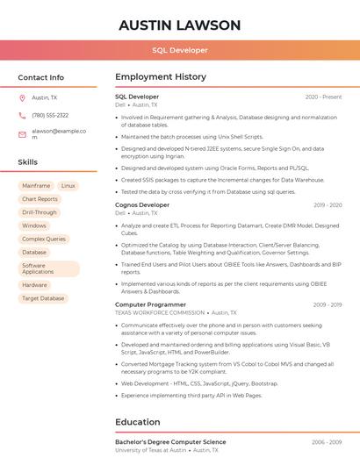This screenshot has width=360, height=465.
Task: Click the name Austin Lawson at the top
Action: click(x=179, y=25)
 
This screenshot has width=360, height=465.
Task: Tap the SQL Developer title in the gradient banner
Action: click(x=179, y=50)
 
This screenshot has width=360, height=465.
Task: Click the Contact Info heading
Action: click(x=40, y=77)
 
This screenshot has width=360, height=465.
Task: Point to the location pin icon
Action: click(x=22, y=97)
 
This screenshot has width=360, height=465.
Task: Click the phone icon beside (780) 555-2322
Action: click(x=22, y=115)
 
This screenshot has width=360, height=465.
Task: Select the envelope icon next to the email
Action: click(x=22, y=134)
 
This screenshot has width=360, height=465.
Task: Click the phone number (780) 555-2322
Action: click(x=50, y=115)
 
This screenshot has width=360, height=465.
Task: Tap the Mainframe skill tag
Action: click(x=36, y=186)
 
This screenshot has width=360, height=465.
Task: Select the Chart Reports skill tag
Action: click(x=40, y=199)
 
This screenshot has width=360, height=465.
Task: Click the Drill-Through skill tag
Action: click(x=40, y=212)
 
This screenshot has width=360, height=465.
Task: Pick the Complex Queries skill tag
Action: click(x=44, y=239)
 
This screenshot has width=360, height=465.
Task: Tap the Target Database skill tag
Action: click(x=43, y=298)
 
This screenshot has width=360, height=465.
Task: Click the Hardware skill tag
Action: click(x=35, y=285)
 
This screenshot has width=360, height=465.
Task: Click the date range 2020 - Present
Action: click(x=323, y=97)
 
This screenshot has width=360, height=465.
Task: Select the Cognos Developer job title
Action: click(x=142, y=204)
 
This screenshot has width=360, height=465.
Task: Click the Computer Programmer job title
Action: click(x=150, y=304)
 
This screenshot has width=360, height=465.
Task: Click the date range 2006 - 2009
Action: click(x=327, y=442)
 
